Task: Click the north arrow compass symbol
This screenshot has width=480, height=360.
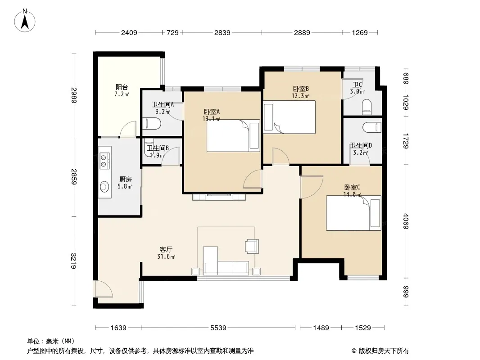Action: pyautogui.click(x=25, y=21)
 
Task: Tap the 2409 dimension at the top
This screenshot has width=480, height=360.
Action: pyautogui.click(x=129, y=32)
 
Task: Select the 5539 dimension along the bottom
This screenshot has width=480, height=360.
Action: pyautogui.click(x=218, y=328)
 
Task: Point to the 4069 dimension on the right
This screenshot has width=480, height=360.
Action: pyautogui.click(x=406, y=221)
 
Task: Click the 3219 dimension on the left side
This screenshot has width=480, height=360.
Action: pyautogui.click(x=73, y=261)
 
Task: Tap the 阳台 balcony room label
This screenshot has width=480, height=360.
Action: pyautogui.click(x=122, y=87)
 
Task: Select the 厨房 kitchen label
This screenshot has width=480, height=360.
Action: pyautogui.click(x=125, y=179)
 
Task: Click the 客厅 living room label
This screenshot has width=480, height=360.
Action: pyautogui.click(x=166, y=250)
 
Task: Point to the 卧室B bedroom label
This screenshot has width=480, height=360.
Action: pyautogui.click(x=301, y=89)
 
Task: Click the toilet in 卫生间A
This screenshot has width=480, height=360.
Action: pyautogui.click(x=152, y=124)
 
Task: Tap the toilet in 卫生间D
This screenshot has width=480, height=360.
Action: pyautogui.click(x=372, y=127)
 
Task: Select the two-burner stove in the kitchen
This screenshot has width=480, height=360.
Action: pyautogui.click(x=104, y=161)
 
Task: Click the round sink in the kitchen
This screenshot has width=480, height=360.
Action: pyautogui.click(x=104, y=186)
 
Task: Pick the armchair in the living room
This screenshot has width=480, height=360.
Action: pyautogui.click(x=252, y=246)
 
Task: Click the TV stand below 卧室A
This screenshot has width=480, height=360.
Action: pyautogui.click(x=219, y=197)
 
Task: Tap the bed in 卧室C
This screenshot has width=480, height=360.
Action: pyautogui.click(x=353, y=213)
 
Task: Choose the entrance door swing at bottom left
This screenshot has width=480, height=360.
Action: pyautogui.click(x=104, y=289)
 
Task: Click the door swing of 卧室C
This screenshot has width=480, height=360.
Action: pyautogui.click(x=312, y=187)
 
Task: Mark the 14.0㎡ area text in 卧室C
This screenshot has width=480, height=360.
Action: pyautogui.click(x=352, y=194)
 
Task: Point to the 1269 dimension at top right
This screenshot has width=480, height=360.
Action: pyautogui.click(x=360, y=32)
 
